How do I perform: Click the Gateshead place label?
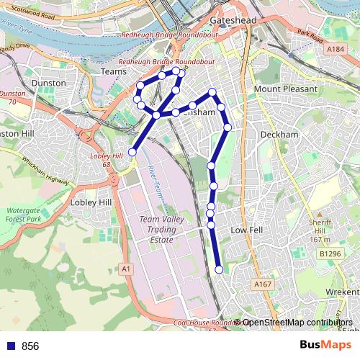click(234, 21)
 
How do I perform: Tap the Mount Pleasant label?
click(285, 89)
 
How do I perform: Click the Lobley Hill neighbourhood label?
click(91, 202)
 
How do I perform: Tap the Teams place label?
click(113, 72)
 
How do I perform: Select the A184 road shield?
click(335, 49)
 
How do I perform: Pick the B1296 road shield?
click(330, 253)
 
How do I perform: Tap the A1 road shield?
click(127, 269)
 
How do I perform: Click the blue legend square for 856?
click(9, 346)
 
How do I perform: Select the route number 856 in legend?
click(30, 346)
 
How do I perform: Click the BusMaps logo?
click(325, 345)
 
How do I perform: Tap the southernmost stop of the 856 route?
click(219, 269)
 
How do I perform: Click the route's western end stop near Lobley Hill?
click(132, 151)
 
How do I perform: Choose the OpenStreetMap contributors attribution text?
click(297, 323)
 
